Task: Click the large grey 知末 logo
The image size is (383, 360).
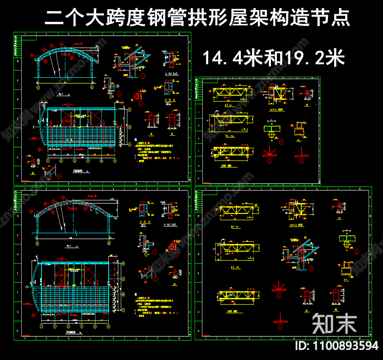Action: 335,323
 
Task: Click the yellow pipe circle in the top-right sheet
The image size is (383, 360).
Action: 271,135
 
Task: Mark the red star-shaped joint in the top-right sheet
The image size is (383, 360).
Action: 270,153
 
